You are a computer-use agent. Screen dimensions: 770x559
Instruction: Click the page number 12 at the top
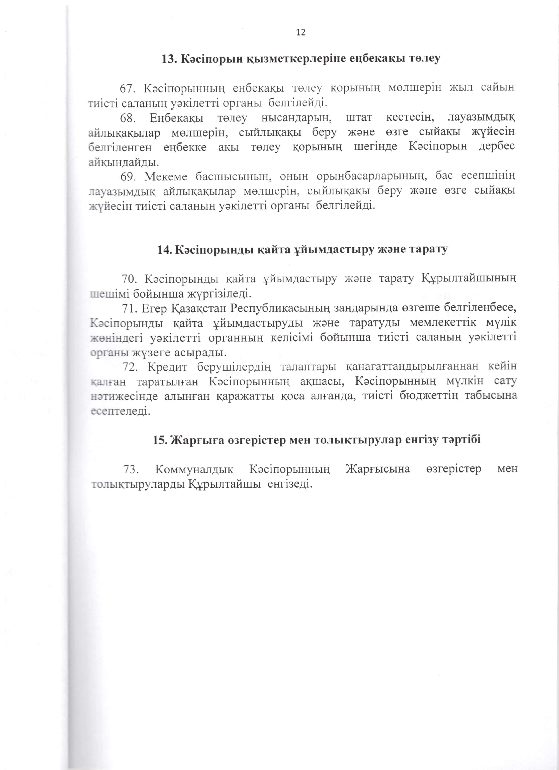click(x=301, y=32)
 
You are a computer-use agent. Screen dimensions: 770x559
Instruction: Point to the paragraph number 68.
click(x=127, y=118)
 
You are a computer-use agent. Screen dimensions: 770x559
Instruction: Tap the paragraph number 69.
click(x=127, y=176)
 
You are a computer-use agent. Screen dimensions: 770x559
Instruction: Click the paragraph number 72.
click(x=130, y=367)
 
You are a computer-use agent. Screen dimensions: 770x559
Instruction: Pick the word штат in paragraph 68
click(x=359, y=118)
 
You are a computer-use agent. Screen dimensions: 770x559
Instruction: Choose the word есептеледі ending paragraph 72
click(x=120, y=411)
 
